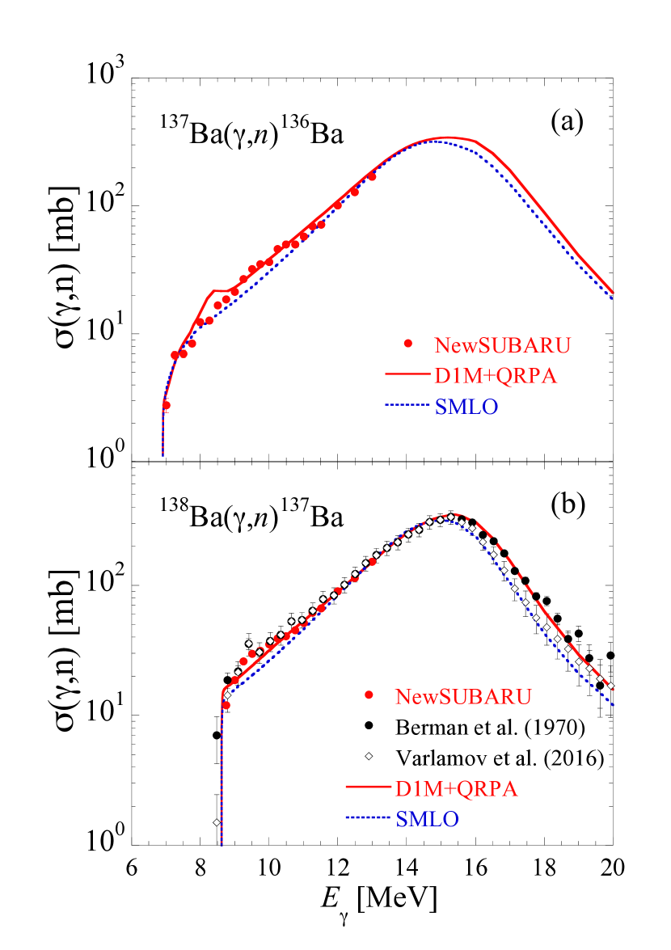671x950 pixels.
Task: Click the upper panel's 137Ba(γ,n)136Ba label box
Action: point(251,127)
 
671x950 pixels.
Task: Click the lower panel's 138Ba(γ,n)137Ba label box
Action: point(251,509)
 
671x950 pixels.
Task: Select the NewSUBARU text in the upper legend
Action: point(502,344)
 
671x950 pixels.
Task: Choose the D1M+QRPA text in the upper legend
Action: point(496,376)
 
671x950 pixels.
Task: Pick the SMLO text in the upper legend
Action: point(466,407)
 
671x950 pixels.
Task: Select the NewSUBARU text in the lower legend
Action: point(463,696)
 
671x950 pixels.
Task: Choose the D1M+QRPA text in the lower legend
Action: point(456,788)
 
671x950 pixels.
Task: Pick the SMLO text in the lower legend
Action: point(428,819)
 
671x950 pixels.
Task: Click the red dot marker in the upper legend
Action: point(408,344)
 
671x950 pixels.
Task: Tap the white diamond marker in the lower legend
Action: point(369,756)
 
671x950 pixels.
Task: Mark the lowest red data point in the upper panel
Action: point(167,404)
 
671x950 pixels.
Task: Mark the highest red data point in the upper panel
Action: point(372,176)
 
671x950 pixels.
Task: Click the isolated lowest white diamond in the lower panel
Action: point(217,822)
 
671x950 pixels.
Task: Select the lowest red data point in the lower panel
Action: point(226,705)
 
